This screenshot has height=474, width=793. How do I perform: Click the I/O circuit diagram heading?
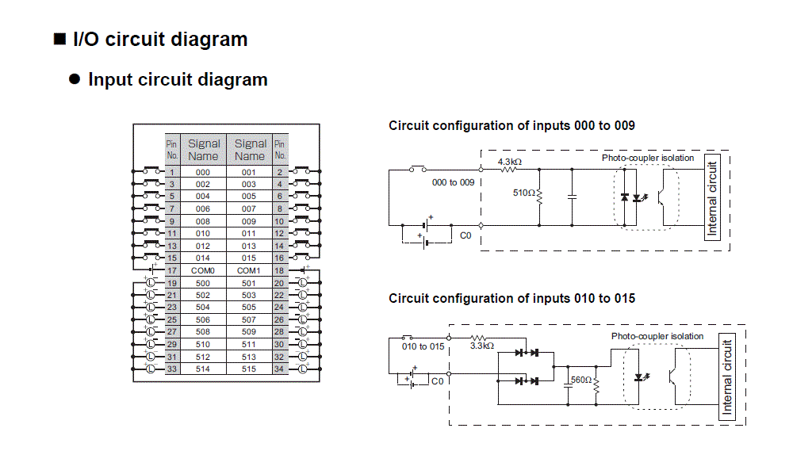point(159,40)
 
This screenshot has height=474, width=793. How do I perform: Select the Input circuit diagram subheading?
point(178,80)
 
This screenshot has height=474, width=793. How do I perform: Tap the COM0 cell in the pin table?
point(203,271)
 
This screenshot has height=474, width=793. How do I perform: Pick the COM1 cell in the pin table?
point(249,271)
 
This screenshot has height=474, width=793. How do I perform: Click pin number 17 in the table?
point(172,271)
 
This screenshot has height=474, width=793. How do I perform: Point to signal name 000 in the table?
point(203,172)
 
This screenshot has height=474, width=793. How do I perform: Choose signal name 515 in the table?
point(249,369)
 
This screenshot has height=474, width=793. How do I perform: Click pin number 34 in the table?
point(279,369)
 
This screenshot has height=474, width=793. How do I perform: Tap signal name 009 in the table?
point(249,221)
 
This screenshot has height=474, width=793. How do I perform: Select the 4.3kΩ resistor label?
point(509,162)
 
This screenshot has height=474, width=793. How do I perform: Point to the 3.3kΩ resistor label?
point(482,346)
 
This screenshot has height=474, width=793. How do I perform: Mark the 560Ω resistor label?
point(581,380)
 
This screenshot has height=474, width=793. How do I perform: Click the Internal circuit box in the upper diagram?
point(711,199)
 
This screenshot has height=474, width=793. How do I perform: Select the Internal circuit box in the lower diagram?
point(726,377)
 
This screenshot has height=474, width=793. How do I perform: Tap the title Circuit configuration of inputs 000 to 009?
point(511,126)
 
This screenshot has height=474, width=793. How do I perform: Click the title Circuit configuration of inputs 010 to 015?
point(511,299)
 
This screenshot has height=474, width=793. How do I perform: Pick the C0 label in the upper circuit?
point(466,235)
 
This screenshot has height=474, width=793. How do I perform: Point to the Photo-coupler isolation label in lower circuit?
point(657,336)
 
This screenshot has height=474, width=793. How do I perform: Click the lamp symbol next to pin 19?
point(150,283)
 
